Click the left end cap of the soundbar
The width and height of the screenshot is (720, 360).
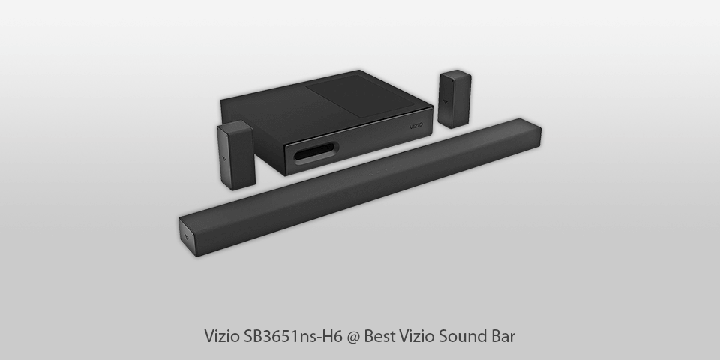coord(187,234)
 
